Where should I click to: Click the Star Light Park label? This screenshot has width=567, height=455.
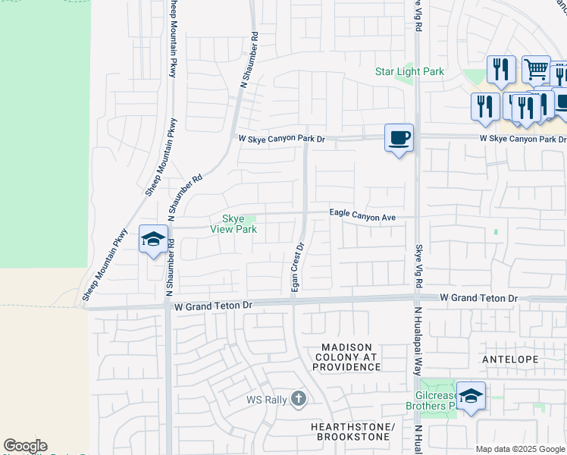(409, 72)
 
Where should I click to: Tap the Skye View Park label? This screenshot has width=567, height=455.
(234, 224)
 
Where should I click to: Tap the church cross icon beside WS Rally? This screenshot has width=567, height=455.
(299, 398)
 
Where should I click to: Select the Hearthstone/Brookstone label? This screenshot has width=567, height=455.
(353, 433)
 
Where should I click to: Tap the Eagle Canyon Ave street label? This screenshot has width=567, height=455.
(362, 216)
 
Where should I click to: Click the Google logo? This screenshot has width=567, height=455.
(25, 446)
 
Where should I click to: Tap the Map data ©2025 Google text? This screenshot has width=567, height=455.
(521, 449)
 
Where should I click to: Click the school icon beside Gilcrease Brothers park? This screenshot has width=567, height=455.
(471, 396)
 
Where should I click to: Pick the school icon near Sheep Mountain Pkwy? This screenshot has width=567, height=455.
(153, 240)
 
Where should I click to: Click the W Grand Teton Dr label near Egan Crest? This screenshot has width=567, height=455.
(212, 306)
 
